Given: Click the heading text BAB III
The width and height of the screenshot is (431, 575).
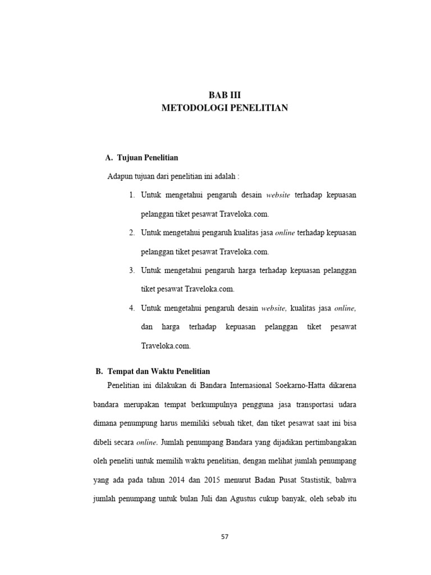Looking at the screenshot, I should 224,95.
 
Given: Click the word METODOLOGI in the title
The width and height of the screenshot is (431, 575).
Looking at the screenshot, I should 193,107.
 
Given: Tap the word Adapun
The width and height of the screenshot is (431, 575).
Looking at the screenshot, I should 120,176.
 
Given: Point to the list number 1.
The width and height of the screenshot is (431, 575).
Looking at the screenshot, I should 131,195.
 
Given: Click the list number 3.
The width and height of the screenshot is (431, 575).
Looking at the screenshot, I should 131,270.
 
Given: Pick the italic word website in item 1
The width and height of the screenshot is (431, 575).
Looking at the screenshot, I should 278,195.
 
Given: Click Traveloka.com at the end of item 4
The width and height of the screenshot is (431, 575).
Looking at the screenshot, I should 166,346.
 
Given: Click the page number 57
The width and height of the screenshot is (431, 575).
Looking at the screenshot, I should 224,536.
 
